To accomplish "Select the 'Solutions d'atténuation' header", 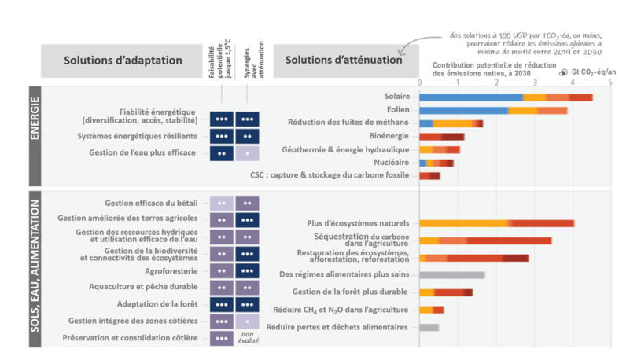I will (343, 61).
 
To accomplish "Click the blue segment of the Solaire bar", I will (470, 97).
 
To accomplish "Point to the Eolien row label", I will (397, 110).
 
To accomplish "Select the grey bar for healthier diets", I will (451, 275).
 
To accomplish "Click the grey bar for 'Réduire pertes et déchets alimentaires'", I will (429, 327).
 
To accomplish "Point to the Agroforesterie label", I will (174, 270).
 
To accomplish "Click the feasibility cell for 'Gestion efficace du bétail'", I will (222, 203).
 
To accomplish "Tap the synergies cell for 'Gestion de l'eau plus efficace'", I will (247, 153).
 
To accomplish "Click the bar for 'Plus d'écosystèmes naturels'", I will (496, 223).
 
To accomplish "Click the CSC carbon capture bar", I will (429, 175).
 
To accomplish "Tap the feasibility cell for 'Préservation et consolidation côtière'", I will (222, 338).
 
